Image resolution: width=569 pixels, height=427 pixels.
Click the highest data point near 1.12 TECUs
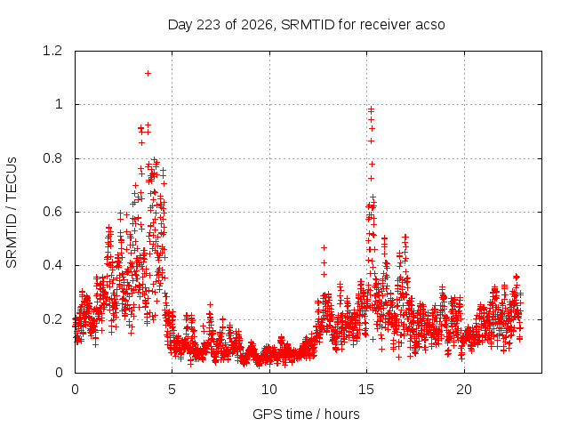click(x=148, y=73)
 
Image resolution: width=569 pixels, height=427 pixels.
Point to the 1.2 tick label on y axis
click(x=52, y=51)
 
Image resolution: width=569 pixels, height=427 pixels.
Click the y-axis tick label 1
click(x=59, y=105)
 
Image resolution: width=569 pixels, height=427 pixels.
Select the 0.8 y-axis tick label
click(x=52, y=158)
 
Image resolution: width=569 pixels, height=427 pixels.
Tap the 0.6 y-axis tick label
click(x=52, y=212)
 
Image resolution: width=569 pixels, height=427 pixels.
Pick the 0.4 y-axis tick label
click(x=52, y=265)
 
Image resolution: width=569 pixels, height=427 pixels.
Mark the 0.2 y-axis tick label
click(x=52, y=319)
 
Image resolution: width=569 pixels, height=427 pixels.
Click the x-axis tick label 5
click(x=172, y=390)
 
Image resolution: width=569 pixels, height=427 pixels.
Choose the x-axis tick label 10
click(x=269, y=390)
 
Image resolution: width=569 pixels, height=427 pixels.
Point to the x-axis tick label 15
click(x=366, y=390)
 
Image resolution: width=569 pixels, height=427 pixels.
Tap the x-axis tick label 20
click(x=464, y=390)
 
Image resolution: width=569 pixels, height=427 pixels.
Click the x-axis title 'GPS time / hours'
click(x=306, y=414)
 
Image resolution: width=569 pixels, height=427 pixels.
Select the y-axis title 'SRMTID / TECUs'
click(x=12, y=213)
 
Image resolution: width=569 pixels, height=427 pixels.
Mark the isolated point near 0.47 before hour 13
click(x=324, y=247)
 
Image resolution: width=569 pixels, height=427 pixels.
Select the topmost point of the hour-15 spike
click(x=371, y=109)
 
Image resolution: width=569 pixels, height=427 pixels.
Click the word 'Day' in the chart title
click(x=180, y=25)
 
